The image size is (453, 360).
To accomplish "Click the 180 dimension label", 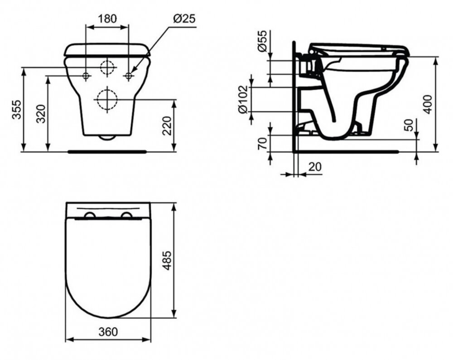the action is click(107, 19).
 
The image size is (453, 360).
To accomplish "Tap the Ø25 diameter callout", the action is click(184, 19).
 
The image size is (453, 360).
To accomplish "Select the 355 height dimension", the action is click(16, 110).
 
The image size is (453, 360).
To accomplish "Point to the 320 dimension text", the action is click(41, 114).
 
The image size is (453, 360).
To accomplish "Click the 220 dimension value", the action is click(167, 126).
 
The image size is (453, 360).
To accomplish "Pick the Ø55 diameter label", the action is click(262, 41).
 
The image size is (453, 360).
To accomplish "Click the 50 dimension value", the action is click(409, 125).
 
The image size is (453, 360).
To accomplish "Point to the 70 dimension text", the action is click(262, 144).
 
